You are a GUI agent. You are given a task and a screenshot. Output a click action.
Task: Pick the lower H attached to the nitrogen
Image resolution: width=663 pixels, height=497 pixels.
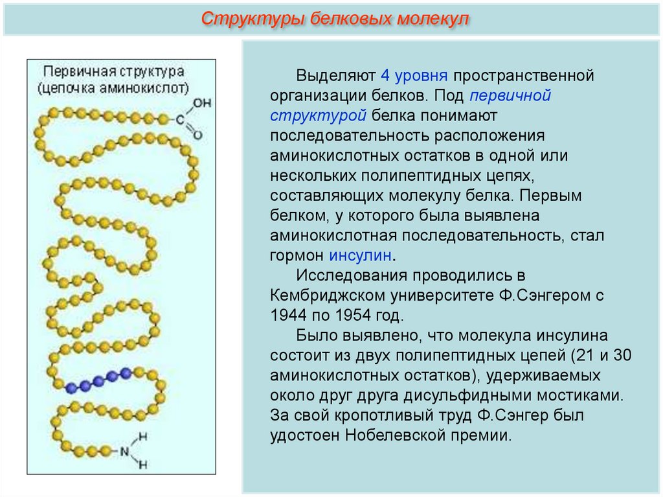(144, 464)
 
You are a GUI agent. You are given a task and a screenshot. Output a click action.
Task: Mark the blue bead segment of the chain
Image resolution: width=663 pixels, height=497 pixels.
(98, 380)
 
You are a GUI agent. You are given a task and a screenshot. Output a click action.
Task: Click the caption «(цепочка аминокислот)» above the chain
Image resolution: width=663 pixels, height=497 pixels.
(113, 86)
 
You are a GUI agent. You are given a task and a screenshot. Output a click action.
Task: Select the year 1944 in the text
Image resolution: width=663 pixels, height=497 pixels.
(289, 316)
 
